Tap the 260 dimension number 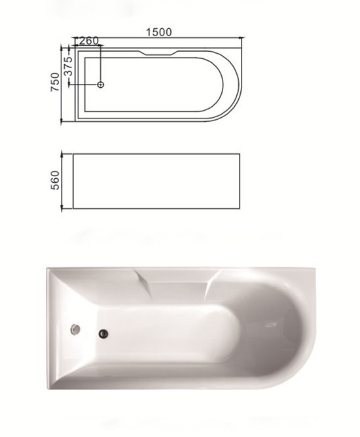(88, 41)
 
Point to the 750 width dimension (56, 83)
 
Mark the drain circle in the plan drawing (101, 85)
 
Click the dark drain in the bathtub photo (103, 333)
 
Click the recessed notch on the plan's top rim (157, 52)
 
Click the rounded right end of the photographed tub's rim (313, 328)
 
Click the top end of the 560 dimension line (63, 154)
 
